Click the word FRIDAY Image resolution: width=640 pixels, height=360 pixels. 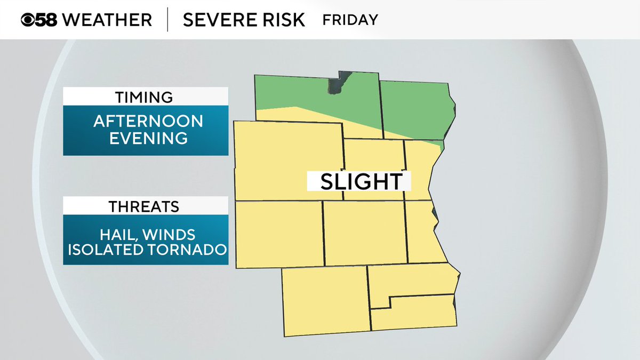pos(350,20)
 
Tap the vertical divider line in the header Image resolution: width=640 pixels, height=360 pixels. pos(168,20)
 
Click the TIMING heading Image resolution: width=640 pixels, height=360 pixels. pos(145,97)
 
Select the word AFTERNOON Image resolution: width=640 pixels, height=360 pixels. pos(148,121)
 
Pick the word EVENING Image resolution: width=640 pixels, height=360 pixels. pos(148,138)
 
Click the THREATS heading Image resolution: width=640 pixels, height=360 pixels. pos(145,206)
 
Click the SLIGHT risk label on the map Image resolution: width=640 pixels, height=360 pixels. pos(361,181)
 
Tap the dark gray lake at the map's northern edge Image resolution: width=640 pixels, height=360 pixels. pos(337,84)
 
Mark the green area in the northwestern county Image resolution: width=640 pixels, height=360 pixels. pos(291,93)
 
